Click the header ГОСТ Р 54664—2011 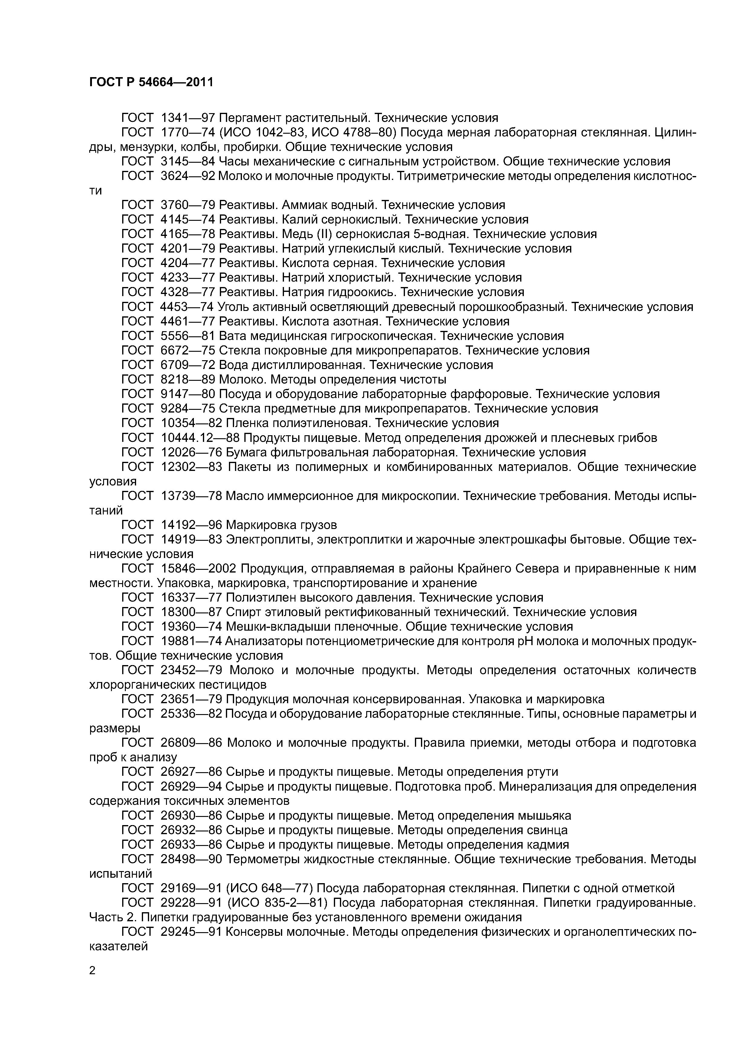coord(151,83)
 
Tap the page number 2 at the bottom coord(93,971)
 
